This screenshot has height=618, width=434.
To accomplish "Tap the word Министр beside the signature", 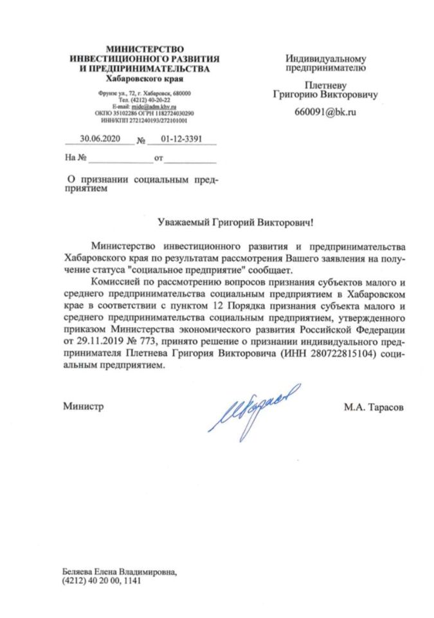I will click(83, 407).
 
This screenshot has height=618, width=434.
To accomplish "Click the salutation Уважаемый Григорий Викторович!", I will click(236, 223).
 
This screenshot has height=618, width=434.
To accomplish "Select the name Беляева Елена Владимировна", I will click(118, 571).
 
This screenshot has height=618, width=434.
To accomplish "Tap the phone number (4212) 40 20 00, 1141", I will click(101, 580).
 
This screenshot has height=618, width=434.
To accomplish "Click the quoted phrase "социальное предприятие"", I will click(191, 269).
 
